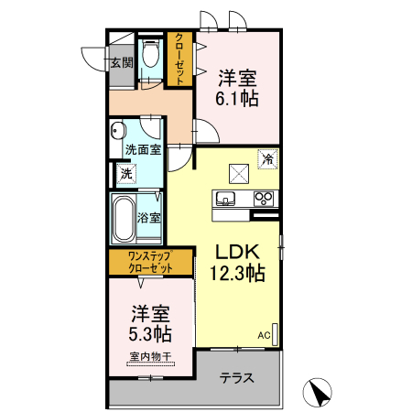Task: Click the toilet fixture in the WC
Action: click(150, 53)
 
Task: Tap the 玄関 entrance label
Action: click(122, 62)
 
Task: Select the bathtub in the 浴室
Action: click(124, 219)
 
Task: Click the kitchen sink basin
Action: click(225, 199)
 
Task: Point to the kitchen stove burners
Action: click(264, 199)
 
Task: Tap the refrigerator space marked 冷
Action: click(268, 158)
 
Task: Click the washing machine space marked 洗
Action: click(126, 174)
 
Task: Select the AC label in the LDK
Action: click(264, 335)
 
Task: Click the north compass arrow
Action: click(318, 393)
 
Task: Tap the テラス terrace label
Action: click(237, 378)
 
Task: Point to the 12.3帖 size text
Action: click(237, 273)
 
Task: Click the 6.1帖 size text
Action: click(237, 98)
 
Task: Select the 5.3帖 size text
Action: click(150, 333)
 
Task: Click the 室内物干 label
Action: click(150, 356)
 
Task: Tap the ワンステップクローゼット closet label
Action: click(150, 262)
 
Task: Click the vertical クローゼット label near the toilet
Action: click(179, 59)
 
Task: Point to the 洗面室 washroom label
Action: click(143, 149)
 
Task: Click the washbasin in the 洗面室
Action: click(118, 132)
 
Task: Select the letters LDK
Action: click(238, 252)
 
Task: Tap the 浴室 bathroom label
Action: click(148, 218)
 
